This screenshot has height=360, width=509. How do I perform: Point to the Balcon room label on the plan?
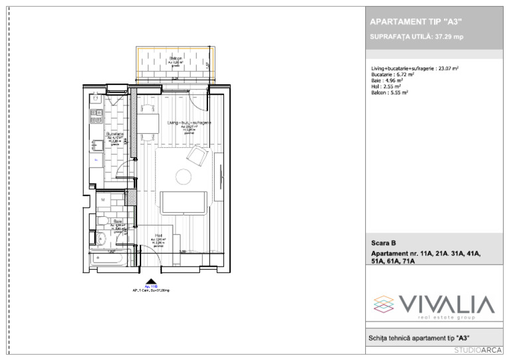point(175,59)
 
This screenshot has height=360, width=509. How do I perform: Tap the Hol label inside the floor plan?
point(159,235)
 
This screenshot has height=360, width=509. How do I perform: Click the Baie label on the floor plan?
point(117,221)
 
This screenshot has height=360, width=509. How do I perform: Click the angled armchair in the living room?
point(197,156)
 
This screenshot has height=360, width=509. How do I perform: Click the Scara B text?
point(383,243)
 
